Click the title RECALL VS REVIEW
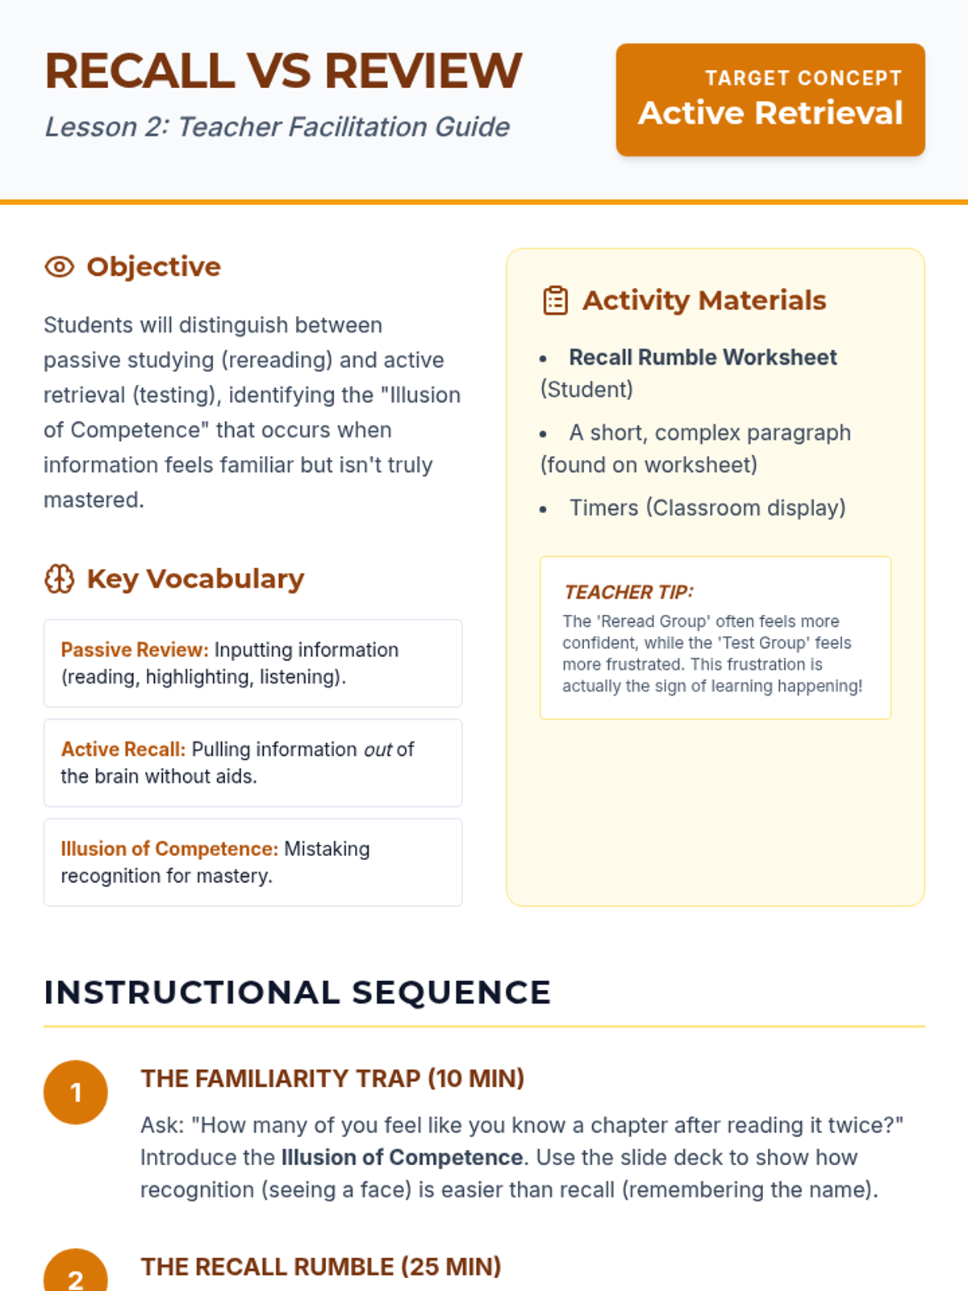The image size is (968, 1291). click(283, 71)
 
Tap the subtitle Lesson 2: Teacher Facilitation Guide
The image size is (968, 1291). click(277, 127)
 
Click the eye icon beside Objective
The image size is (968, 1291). click(60, 267)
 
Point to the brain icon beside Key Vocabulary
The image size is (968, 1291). click(60, 579)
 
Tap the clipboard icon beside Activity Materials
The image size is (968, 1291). click(556, 300)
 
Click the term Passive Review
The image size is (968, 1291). click(135, 650)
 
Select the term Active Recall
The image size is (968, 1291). click(123, 749)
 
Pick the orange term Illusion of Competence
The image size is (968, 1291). click(169, 849)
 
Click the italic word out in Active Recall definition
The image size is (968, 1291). click(378, 750)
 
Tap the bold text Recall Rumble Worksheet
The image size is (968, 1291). click(703, 357)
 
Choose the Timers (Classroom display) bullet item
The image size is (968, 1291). click(707, 508)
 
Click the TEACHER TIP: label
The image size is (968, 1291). click(629, 592)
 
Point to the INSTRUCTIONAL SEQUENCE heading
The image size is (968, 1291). click(297, 992)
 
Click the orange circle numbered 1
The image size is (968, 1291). click(76, 1092)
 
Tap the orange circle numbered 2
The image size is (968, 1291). click(76, 1275)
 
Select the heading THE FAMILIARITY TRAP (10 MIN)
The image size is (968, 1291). click(332, 1079)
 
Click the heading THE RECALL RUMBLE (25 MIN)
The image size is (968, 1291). click(321, 1267)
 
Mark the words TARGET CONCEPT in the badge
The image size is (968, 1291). click(803, 78)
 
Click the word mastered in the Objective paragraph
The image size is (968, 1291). click(93, 500)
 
